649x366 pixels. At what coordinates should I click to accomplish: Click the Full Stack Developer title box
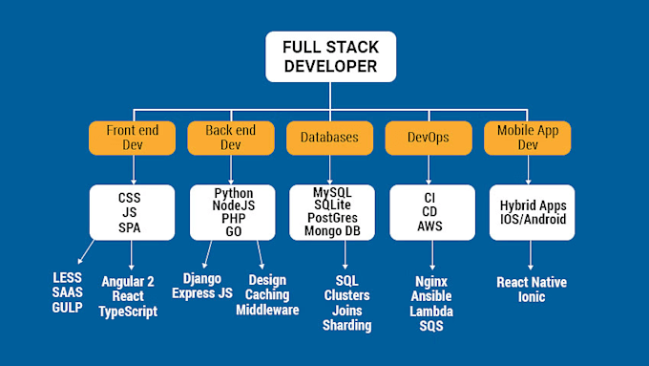pos(329,56)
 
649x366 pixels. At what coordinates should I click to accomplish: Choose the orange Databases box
pos(329,137)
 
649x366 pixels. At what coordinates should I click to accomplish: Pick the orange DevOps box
pos(429,137)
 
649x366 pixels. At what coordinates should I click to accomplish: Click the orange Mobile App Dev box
pos(528,137)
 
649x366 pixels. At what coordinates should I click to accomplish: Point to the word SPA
pos(129,226)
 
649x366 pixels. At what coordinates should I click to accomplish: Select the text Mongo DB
pos(329,230)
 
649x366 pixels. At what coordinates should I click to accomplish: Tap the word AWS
pos(429,226)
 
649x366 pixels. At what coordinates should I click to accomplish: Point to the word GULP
pos(68,307)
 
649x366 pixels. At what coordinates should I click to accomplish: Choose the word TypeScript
pos(128,312)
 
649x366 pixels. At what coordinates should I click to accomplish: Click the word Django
pos(201,278)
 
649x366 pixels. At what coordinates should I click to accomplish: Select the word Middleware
pos(267,310)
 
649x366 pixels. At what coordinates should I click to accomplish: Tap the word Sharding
pos(346,326)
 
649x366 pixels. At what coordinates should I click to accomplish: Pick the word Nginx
pos(432,282)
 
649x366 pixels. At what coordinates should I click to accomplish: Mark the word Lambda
pos(432,312)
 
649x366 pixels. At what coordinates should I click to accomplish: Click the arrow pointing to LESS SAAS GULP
pos(83,252)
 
